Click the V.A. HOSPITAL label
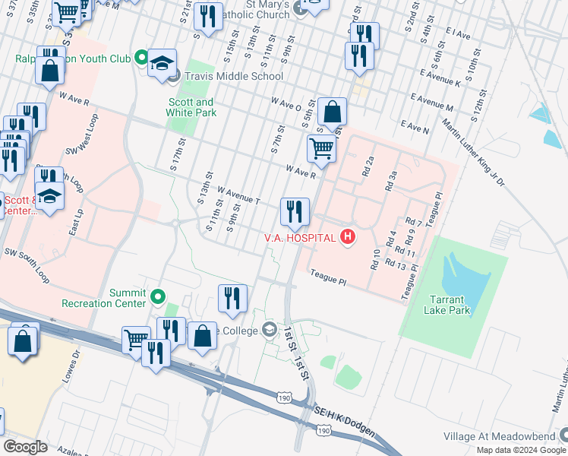click(300, 238)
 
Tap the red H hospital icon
click(348, 238)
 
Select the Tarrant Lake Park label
click(448, 304)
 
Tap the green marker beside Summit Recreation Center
click(158, 296)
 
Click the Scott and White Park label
click(191, 107)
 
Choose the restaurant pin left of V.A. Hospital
click(294, 213)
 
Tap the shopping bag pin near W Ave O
click(333, 113)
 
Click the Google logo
click(25, 446)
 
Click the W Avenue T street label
click(238, 195)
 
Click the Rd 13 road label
click(396, 264)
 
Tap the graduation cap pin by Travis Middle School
click(162, 65)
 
